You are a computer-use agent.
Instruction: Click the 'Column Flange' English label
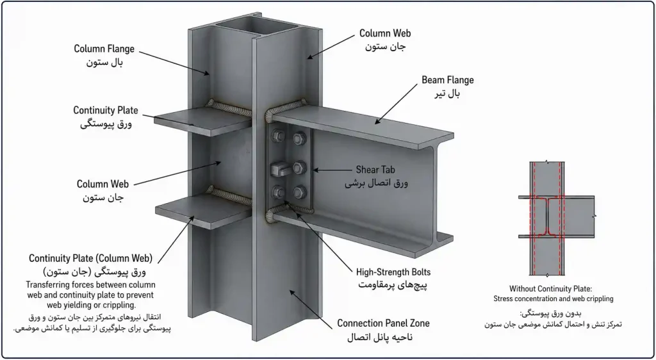pyautogui.click(x=104, y=49)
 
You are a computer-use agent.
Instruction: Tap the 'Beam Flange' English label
pyautogui.click(x=448, y=79)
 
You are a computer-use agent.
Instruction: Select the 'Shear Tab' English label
pyautogui.click(x=375, y=170)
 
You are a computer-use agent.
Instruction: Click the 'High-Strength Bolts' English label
pyautogui.click(x=393, y=273)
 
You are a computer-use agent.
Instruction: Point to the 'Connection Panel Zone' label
pyautogui.click(x=383, y=323)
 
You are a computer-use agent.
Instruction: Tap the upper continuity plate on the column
pyautogui.click(x=203, y=121)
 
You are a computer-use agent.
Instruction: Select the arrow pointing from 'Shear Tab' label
pyautogui.click(x=332, y=170)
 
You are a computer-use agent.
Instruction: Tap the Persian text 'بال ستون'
pyautogui.click(x=104, y=63)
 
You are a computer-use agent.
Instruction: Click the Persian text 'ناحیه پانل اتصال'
pyautogui.click(x=380, y=337)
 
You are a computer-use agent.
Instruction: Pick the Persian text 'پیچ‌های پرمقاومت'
pyautogui.click(x=393, y=286)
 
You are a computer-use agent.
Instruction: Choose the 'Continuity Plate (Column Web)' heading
pyautogui.click(x=90, y=258)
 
